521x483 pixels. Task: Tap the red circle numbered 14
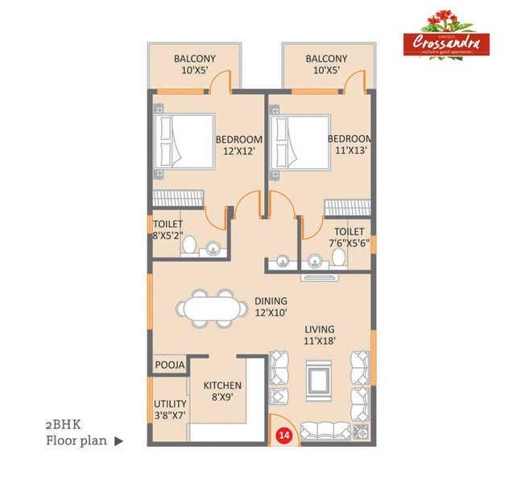[x=283, y=435]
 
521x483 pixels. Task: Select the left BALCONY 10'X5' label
[x=193, y=64]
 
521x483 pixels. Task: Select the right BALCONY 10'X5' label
[x=326, y=64]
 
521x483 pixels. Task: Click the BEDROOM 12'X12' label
[x=239, y=145]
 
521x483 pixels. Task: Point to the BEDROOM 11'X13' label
[x=349, y=145]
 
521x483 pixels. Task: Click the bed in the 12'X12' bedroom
[x=184, y=142]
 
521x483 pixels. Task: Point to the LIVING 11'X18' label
[x=320, y=335]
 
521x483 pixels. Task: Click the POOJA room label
[x=170, y=365]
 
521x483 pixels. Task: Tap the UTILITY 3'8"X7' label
[x=170, y=410]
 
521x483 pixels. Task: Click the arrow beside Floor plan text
[x=119, y=440]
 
